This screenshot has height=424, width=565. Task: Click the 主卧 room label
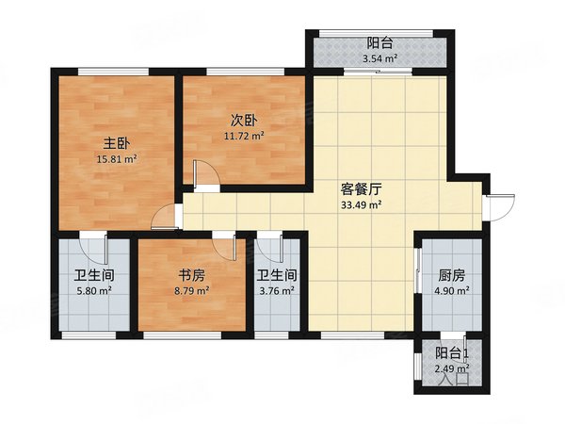pos(115,143)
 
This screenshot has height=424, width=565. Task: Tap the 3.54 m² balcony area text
pos(379,61)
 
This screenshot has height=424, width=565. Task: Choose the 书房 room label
pos(192,276)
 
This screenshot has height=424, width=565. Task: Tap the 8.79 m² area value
pos(192,292)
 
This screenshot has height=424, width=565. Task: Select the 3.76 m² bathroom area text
pos(277,292)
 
